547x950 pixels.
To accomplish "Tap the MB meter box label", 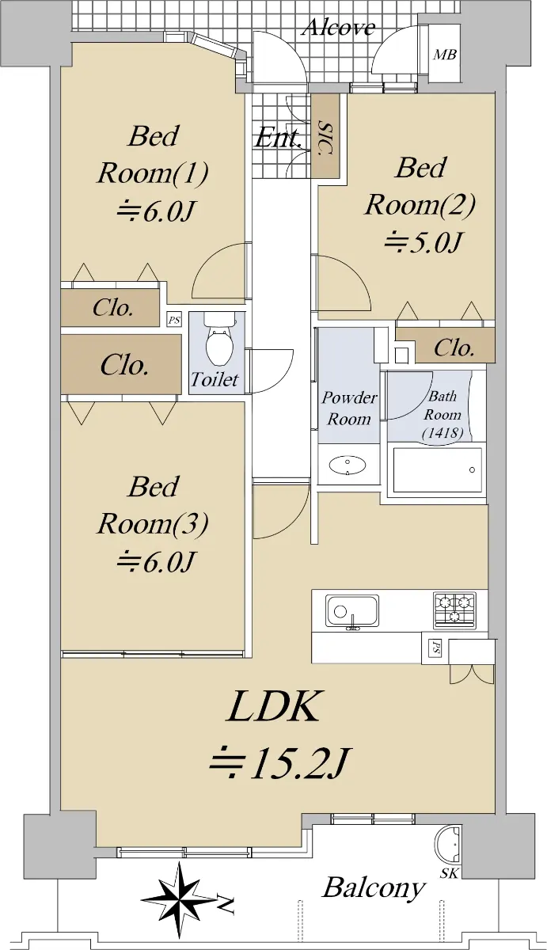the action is click(445, 55).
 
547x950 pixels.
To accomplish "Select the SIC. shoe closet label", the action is click(325, 137).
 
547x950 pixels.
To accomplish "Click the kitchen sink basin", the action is click(352, 610).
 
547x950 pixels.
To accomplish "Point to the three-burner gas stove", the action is click(454, 610).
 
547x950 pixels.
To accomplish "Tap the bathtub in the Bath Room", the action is click(437, 470).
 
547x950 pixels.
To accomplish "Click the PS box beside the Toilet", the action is click(174, 319).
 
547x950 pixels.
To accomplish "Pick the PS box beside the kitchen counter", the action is click(435, 648).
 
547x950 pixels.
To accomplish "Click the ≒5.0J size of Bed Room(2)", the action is click(423, 243).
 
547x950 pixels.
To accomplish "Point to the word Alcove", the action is click(340, 28).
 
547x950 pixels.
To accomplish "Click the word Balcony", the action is click(374, 887).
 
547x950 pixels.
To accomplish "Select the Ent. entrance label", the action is click(278, 139).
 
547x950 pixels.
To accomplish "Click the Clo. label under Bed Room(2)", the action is click(454, 348).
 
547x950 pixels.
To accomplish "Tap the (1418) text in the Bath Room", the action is click(443, 433).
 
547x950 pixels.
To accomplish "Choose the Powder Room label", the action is click(349, 408).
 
